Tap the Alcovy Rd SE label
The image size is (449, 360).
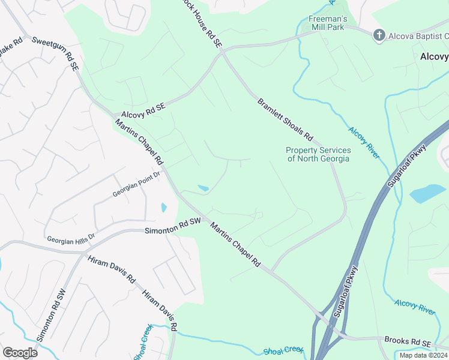click(143, 109)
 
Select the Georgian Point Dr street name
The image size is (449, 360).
click(137, 185)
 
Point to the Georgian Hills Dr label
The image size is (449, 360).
click(71, 239)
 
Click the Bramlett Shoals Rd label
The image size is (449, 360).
click(286, 119)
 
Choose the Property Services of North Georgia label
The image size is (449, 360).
click(318, 154)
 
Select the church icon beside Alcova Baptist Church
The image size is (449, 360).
click(378, 35)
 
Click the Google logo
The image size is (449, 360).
click(20, 352)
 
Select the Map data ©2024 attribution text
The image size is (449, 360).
click(423, 355)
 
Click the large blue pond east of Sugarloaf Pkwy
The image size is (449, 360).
click(427, 194)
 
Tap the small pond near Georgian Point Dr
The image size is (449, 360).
click(164, 208)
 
